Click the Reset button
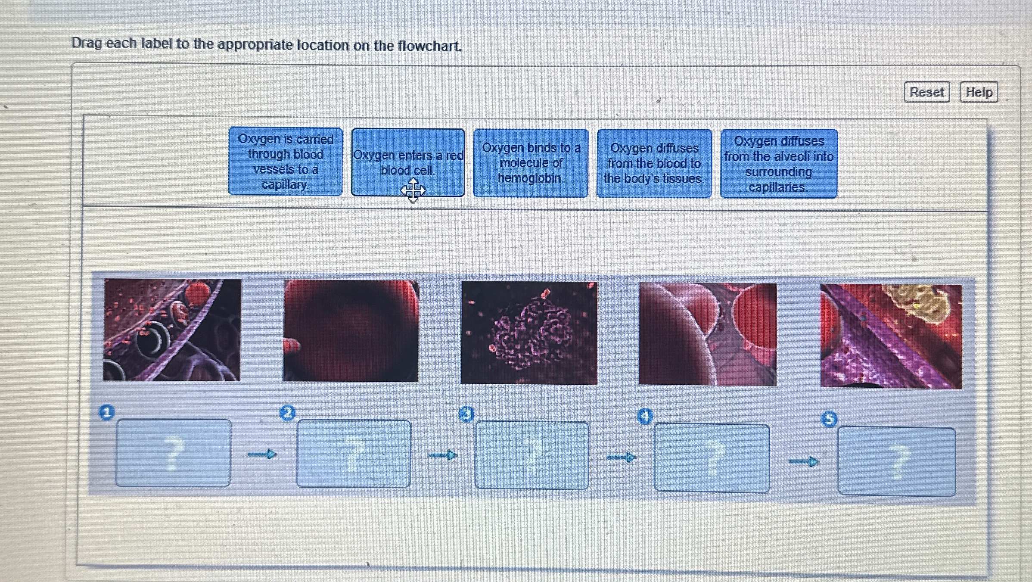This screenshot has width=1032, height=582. click(926, 92)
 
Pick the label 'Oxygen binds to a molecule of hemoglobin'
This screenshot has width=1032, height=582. click(531, 163)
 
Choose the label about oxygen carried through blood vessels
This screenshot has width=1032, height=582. click(285, 162)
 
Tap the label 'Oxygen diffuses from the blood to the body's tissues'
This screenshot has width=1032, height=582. click(654, 164)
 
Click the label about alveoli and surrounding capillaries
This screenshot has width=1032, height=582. click(779, 164)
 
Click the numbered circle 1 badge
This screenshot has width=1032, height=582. click(107, 412)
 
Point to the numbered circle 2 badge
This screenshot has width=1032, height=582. click(288, 413)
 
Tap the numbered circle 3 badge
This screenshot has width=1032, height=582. click(466, 414)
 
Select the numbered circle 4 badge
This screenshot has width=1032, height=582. click(645, 416)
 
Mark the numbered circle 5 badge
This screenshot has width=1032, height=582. click(829, 419)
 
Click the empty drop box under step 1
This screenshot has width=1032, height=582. click(173, 453)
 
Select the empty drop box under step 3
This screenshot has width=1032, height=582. click(532, 455)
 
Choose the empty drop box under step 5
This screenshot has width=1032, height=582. click(896, 461)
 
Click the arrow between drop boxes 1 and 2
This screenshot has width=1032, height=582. click(262, 454)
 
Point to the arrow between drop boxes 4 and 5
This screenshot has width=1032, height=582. click(804, 462)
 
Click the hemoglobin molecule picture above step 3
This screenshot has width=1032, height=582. click(529, 333)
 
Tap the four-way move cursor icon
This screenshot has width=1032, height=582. click(413, 190)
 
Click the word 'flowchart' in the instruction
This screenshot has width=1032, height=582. click(429, 46)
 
